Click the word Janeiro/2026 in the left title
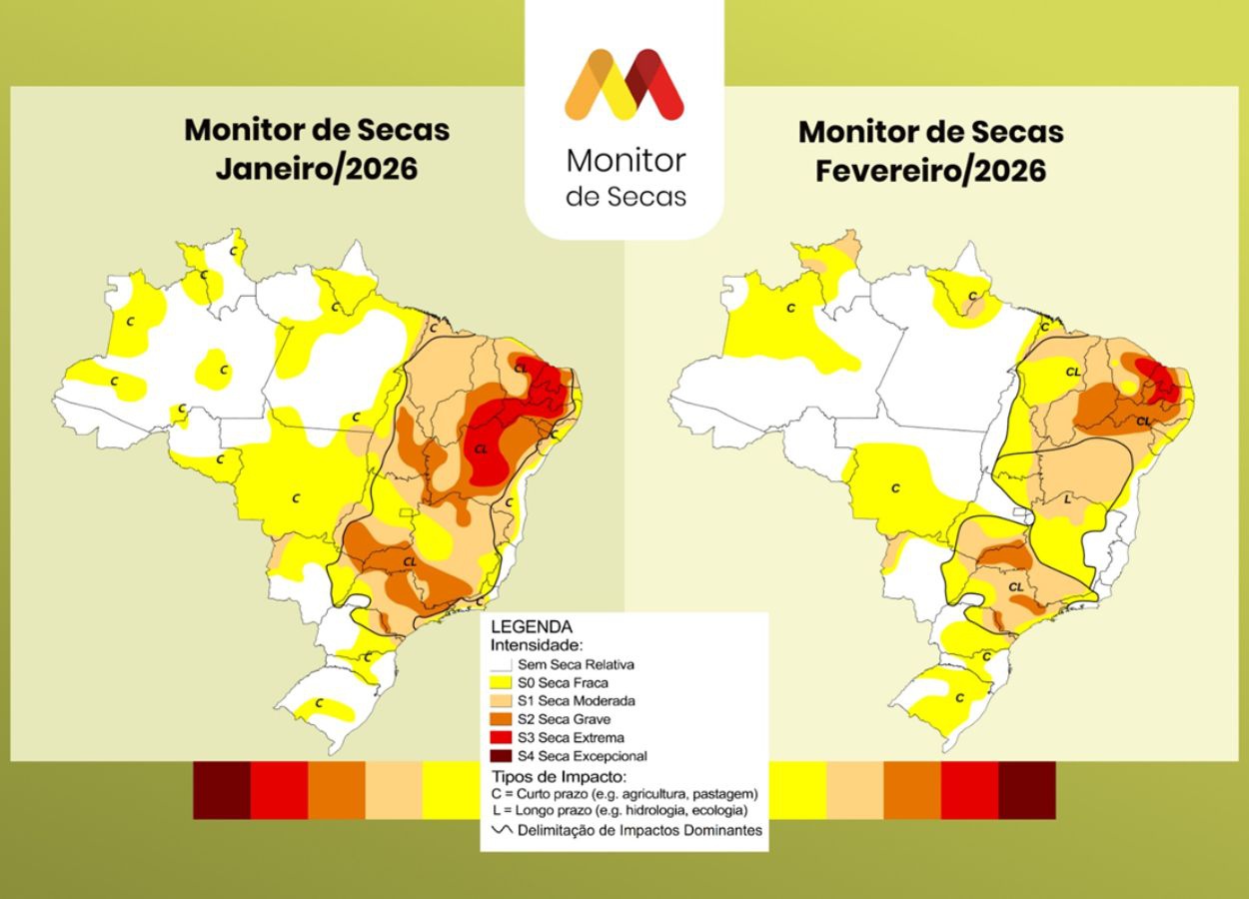317,168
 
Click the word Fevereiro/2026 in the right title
930,170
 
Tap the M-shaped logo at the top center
624,85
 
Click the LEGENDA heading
531,627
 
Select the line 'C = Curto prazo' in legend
624,793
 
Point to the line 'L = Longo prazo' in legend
620,810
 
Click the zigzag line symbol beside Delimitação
502,830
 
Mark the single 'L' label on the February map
1068,497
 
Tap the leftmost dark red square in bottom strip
221,790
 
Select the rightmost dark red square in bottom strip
1027,790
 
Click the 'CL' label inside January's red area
482,449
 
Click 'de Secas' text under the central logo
625,196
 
